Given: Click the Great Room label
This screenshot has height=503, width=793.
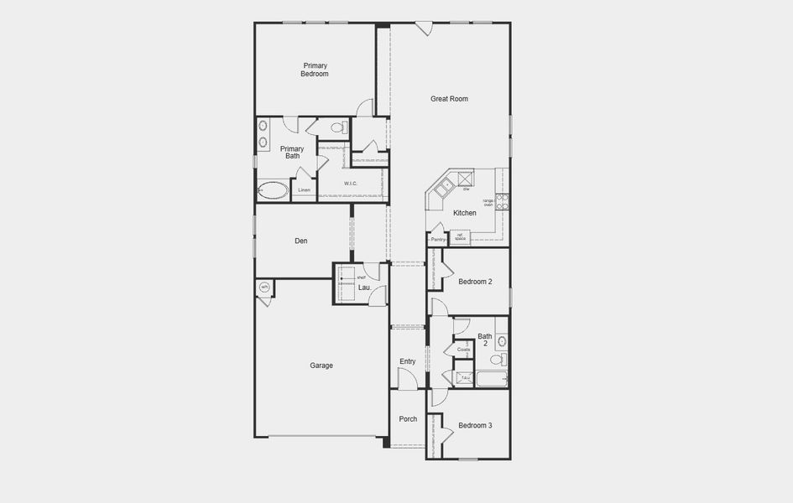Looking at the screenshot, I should click(449, 99).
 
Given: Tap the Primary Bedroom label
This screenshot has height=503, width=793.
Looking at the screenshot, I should click(315, 70).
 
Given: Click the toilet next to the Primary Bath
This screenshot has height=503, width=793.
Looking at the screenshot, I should click(338, 128).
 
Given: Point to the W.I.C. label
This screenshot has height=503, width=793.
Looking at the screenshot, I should click(350, 183).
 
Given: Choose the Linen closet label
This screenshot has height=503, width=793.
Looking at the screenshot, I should click(304, 190).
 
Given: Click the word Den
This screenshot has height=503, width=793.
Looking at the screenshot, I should click(300, 241).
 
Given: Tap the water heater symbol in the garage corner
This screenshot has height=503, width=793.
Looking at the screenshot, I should click(263, 288).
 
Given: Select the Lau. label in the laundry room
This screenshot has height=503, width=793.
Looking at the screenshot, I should click(364, 288).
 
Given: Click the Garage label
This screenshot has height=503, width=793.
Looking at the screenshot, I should click(321, 366).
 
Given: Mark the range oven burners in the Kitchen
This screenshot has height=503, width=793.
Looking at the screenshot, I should click(502, 201).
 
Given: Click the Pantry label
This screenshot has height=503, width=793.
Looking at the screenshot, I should click(438, 239).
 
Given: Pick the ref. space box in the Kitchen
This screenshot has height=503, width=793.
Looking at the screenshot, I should click(460, 237).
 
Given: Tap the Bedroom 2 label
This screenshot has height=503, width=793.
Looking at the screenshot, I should click(475, 282).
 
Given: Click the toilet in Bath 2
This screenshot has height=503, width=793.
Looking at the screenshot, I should click(497, 360).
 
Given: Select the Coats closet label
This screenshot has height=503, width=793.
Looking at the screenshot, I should click(463, 350).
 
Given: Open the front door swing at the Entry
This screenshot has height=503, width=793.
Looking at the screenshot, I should click(407, 380).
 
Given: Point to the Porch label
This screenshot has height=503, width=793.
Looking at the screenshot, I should click(408, 419).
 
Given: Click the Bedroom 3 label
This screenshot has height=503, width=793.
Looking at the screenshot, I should click(475, 426).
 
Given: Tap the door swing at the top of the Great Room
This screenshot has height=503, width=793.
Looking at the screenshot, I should click(424, 29).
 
